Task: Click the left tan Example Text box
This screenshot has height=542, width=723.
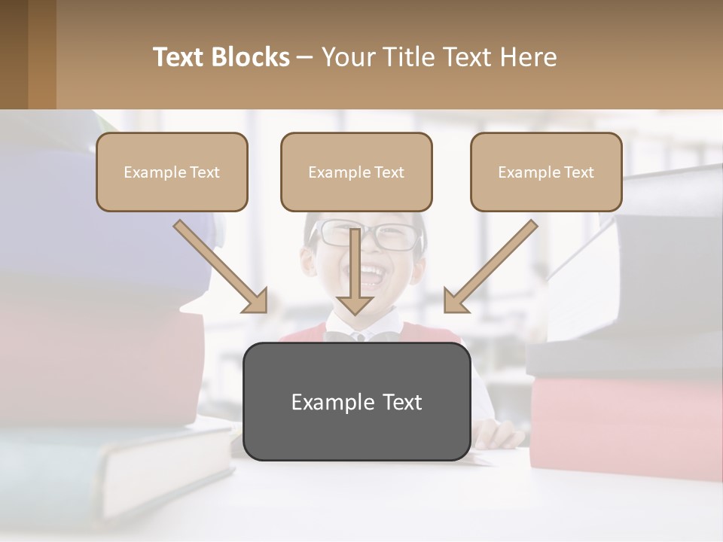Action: click(172, 172)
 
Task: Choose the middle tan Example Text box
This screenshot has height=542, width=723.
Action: click(356, 172)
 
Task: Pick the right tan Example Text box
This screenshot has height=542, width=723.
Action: click(546, 172)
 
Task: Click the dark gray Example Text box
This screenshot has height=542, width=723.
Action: click(356, 402)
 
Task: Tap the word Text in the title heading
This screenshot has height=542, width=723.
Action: click(179, 57)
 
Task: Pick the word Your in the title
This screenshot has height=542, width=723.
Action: click(347, 57)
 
